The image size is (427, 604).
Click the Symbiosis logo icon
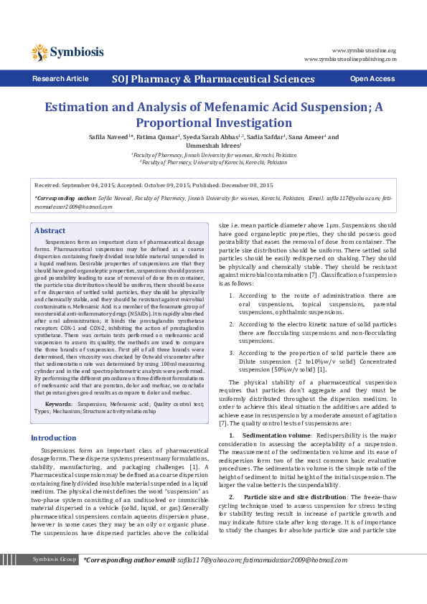tap(39, 52)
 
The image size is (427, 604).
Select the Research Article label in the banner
tap(60, 78)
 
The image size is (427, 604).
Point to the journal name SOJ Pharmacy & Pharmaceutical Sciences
tap(213, 78)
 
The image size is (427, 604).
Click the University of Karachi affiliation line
tap(213, 162)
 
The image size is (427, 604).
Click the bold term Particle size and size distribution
tap(294, 497)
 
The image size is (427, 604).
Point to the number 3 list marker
tap(230, 354)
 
